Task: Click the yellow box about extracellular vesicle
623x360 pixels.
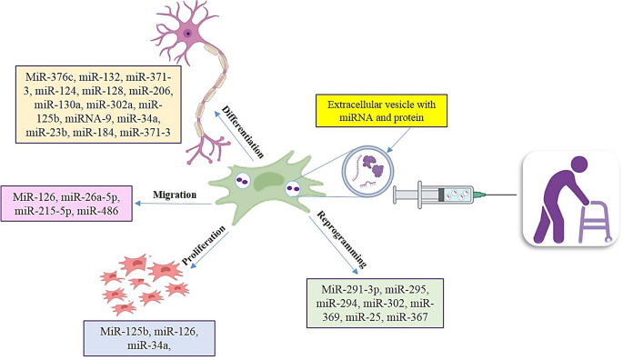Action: click(x=388, y=112)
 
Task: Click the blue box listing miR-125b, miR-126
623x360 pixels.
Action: click(x=147, y=336)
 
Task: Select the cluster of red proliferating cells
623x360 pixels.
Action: click(x=146, y=281)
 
